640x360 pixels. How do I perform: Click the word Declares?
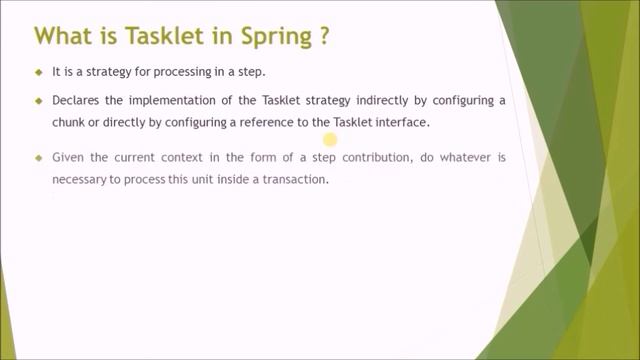tap(77, 101)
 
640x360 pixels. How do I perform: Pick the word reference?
tap(267, 122)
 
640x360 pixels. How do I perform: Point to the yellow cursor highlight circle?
tap(330, 141)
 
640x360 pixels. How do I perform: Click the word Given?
tap(70, 159)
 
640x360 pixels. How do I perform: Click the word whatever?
tap(468, 159)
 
